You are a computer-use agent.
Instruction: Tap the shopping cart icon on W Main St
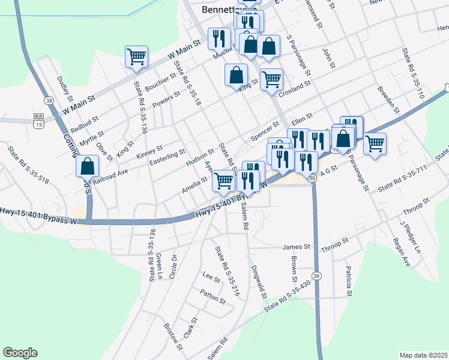(136, 56)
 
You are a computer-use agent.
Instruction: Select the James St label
(295, 247)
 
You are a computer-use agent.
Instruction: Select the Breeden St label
(388, 99)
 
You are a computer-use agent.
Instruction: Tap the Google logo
(20, 353)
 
